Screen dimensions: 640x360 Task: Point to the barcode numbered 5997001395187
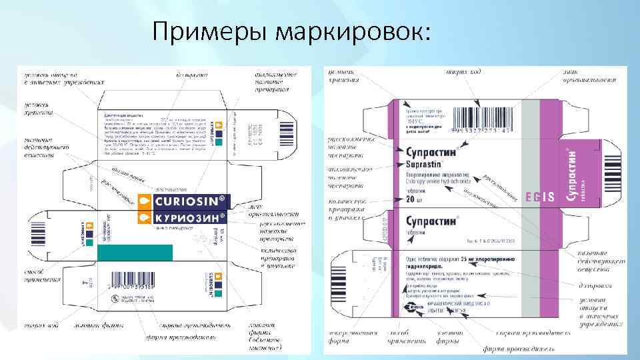pyautogui.click(x=141, y=285)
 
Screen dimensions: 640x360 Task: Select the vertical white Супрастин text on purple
pyautogui.click(x=571, y=174)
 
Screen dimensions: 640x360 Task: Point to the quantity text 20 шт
pyautogui.click(x=417, y=197)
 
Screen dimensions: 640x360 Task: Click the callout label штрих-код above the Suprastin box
pyautogui.click(x=461, y=71)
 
